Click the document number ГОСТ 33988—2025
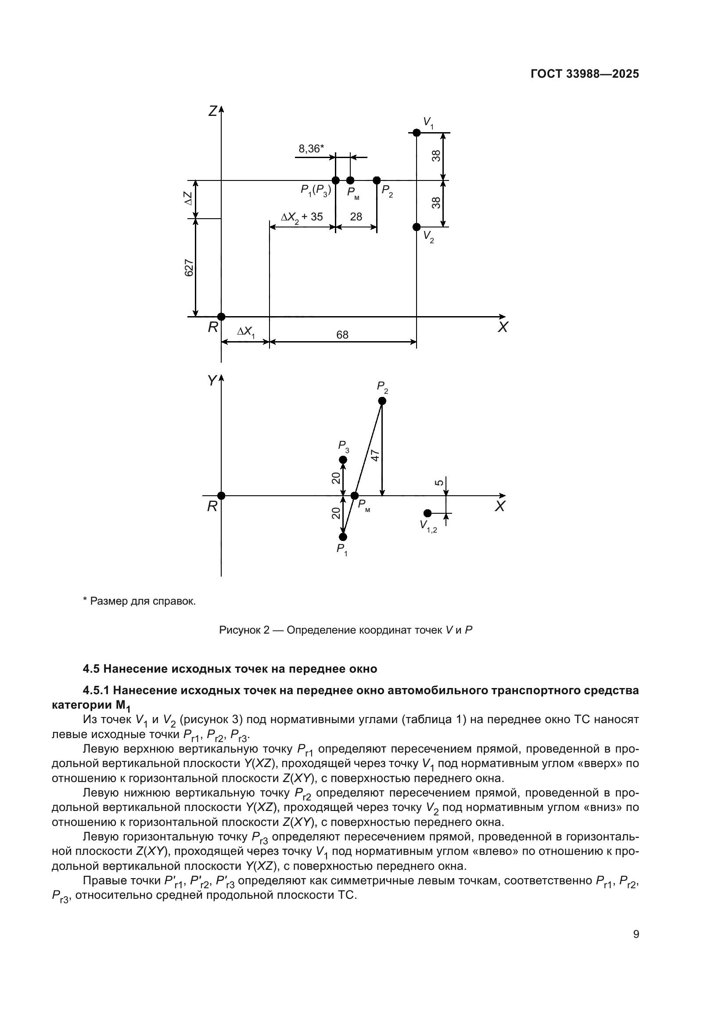coord(584,74)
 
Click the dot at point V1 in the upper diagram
coord(416,133)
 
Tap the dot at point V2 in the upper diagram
coord(416,227)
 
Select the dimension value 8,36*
coord(311,148)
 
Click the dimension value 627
coord(189,267)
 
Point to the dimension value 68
coord(342,335)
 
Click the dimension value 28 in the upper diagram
coord(356,216)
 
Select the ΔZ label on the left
coord(189,198)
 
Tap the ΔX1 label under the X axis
coord(245,332)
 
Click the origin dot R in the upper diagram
coord(221,317)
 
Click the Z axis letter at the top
coord(213,111)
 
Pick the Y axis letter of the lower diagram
coord(212,381)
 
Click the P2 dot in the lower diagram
coord(382,401)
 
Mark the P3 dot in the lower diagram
coord(343,460)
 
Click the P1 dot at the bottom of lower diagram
coord(343,537)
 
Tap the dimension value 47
coord(376,455)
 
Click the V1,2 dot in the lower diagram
coord(428,513)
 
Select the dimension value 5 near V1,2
coord(439,483)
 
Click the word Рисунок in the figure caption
coord(241,630)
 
